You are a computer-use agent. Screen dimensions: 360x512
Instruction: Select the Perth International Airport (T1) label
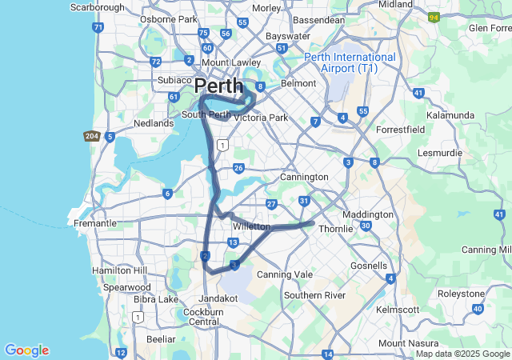coord(350,63)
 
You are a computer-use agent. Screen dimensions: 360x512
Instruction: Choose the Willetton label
coord(251,227)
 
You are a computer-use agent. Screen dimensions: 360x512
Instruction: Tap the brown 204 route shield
coord(91,137)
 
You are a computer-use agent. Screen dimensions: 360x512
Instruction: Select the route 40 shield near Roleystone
coord(478,308)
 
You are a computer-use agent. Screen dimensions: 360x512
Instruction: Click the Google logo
coord(26,350)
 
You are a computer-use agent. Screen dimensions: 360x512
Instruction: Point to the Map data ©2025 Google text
coord(462,354)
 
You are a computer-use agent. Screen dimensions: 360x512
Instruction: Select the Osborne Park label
coord(169,18)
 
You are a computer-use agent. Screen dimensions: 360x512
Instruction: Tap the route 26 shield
coord(238,167)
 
